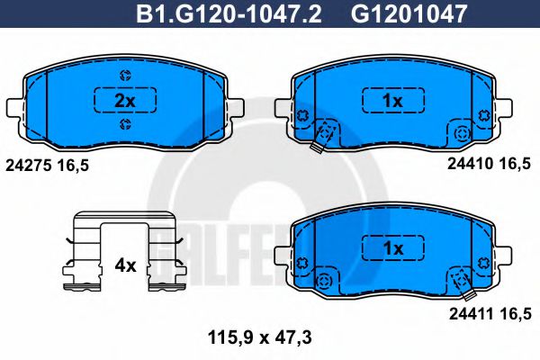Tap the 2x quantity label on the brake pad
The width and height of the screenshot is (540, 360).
[x=125, y=101]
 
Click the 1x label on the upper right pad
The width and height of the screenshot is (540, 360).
[x=391, y=101]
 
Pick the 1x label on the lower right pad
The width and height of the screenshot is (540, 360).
[x=391, y=246]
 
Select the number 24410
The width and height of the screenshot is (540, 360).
[x=467, y=165]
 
